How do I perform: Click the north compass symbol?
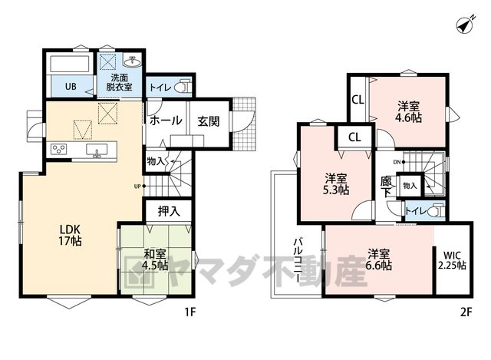coord(466,24)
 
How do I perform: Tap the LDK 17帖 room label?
coord(70,235)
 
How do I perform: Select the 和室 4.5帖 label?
coord(155,259)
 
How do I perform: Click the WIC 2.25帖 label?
coord(452,260)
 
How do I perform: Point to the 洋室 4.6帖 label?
coord(409,111)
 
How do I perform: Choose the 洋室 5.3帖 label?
coord(336,184)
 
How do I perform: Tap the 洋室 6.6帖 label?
coord(378,259)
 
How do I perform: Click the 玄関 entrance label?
coord(208,121)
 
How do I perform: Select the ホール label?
coord(166,121)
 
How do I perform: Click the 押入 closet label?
coord(169,212)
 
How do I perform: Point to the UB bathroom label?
coord(71,86)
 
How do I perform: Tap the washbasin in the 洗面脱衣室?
coord(133,61)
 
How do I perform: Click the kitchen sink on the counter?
coord(97,150)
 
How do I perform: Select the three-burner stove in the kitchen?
coord(58,148)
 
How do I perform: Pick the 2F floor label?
coord(466,312)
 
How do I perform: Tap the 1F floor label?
coord(190,312)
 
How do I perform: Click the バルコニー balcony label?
coord(298,260)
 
